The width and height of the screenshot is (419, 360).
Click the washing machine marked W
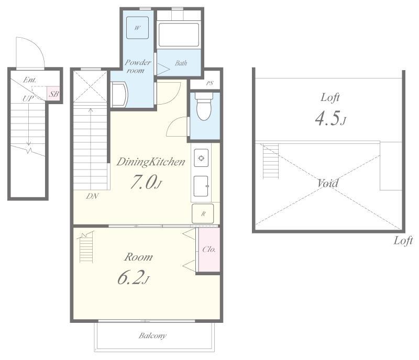pos(137,28)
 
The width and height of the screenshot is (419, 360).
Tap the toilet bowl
pos(204,107)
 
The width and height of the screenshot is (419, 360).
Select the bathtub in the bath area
pos(179,35)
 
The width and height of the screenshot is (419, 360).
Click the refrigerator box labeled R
pos(203,213)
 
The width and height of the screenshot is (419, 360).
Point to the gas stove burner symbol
pos(201,158)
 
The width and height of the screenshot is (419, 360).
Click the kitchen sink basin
pos(201,186)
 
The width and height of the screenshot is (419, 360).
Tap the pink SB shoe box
pos(54,94)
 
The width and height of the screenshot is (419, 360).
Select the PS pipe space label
pos(210,83)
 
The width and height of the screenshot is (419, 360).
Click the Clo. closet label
pos(209,250)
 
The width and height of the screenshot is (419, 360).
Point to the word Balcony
pos(152,336)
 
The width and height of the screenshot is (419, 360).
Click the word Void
pos(328,183)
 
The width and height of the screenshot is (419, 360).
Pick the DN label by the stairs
pos(92,196)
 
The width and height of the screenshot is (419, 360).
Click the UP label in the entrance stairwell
pos(28,98)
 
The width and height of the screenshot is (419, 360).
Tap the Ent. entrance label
pos(30,80)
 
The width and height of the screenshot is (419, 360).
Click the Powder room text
pos(138,66)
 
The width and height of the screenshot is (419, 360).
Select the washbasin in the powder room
pos(119,95)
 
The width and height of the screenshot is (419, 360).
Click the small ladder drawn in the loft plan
pos(271,161)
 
